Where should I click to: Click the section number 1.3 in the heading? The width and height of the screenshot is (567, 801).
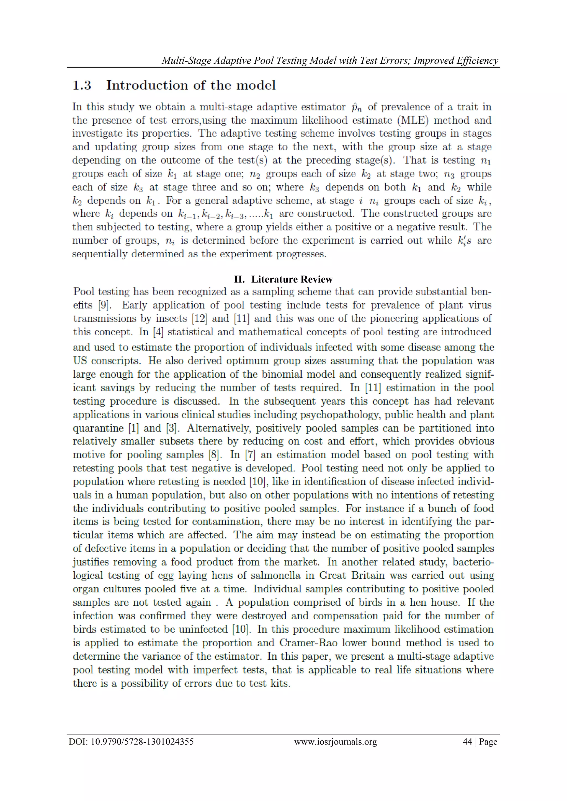click(x=82, y=85)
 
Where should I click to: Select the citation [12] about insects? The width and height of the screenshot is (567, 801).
click(x=199, y=318)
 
